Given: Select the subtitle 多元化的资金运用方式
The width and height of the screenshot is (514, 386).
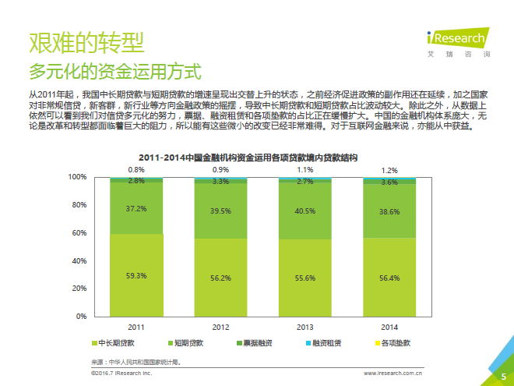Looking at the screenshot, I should (x=114, y=72).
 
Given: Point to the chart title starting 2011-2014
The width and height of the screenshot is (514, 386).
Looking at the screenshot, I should (x=248, y=158).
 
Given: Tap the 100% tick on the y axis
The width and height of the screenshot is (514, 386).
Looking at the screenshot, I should (x=77, y=177).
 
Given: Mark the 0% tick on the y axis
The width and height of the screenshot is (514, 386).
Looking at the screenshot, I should (x=81, y=316).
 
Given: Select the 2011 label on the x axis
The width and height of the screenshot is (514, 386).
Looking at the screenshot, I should (x=136, y=326).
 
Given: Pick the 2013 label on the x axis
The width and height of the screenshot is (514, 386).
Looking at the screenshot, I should (x=305, y=326).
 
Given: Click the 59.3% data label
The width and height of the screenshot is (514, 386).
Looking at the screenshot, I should (x=136, y=275).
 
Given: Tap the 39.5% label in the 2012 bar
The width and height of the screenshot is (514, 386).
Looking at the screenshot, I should (x=220, y=211).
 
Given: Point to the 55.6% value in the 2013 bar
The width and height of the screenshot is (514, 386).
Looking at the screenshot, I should (x=305, y=278).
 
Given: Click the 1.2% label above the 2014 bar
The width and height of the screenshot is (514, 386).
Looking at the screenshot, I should (x=389, y=170).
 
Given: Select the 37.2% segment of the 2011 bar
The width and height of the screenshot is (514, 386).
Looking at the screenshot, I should (x=136, y=209).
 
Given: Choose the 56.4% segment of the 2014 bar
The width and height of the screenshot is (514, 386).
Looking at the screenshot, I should (x=389, y=277).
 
